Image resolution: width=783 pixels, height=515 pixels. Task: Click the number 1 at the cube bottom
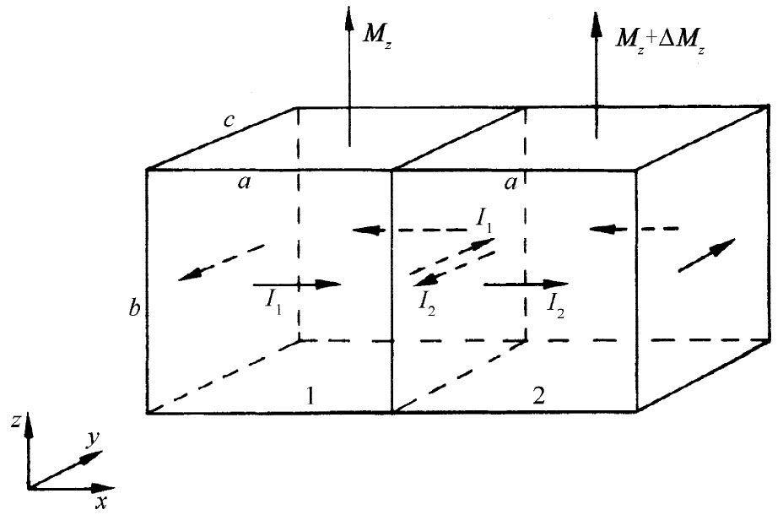pos(311,395)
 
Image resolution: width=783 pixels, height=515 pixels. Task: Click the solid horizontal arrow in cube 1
pos(296,285)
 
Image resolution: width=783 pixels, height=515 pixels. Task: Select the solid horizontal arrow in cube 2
pos(525,285)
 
